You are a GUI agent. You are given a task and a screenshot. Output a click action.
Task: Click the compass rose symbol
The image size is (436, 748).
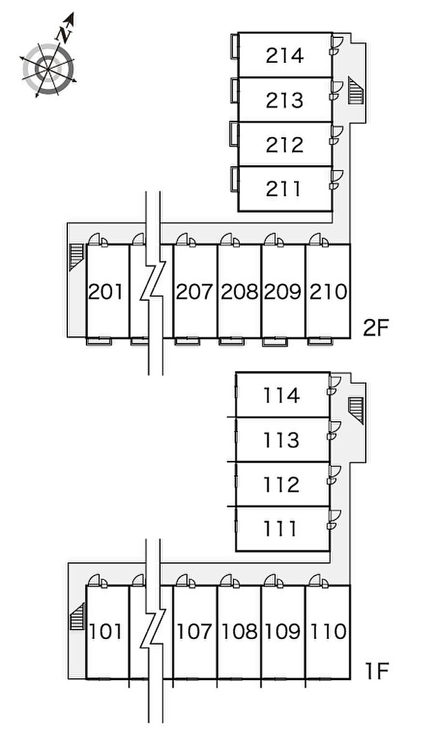pyautogui.click(x=49, y=69)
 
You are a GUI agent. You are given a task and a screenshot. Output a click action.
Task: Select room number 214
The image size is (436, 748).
pyautogui.click(x=285, y=55)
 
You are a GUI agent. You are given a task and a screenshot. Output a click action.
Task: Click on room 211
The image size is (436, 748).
pyautogui.click(x=285, y=188)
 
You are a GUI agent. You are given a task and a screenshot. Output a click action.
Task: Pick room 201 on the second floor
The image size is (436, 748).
pyautogui.click(x=107, y=291)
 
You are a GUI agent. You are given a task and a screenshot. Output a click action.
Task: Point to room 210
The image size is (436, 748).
pyautogui.click(x=328, y=291)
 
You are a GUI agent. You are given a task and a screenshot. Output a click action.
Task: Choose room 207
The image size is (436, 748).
pyautogui.click(x=195, y=291)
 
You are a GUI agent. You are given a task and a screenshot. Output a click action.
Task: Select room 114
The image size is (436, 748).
pyautogui.click(x=282, y=395)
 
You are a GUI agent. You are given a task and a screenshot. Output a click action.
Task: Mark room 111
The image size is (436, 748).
pyautogui.click(x=282, y=529)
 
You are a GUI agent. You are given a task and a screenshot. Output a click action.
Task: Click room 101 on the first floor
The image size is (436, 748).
pyautogui.click(x=107, y=632)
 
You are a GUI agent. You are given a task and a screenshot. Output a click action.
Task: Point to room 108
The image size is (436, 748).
pyautogui.click(x=239, y=632)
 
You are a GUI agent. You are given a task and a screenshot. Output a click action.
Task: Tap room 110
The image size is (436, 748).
pyautogui.click(x=328, y=632)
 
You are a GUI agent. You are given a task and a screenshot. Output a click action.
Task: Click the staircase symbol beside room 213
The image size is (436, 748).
pyautogui.click(x=356, y=91)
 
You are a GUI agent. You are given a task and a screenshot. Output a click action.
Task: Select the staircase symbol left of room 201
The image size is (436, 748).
pyautogui.click(x=77, y=256)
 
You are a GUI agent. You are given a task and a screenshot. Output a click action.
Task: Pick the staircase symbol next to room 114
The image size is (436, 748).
pyautogui.click(x=356, y=410)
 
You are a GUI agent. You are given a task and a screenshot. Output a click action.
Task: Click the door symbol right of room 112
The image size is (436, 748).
pyautogui.click(x=334, y=475)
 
